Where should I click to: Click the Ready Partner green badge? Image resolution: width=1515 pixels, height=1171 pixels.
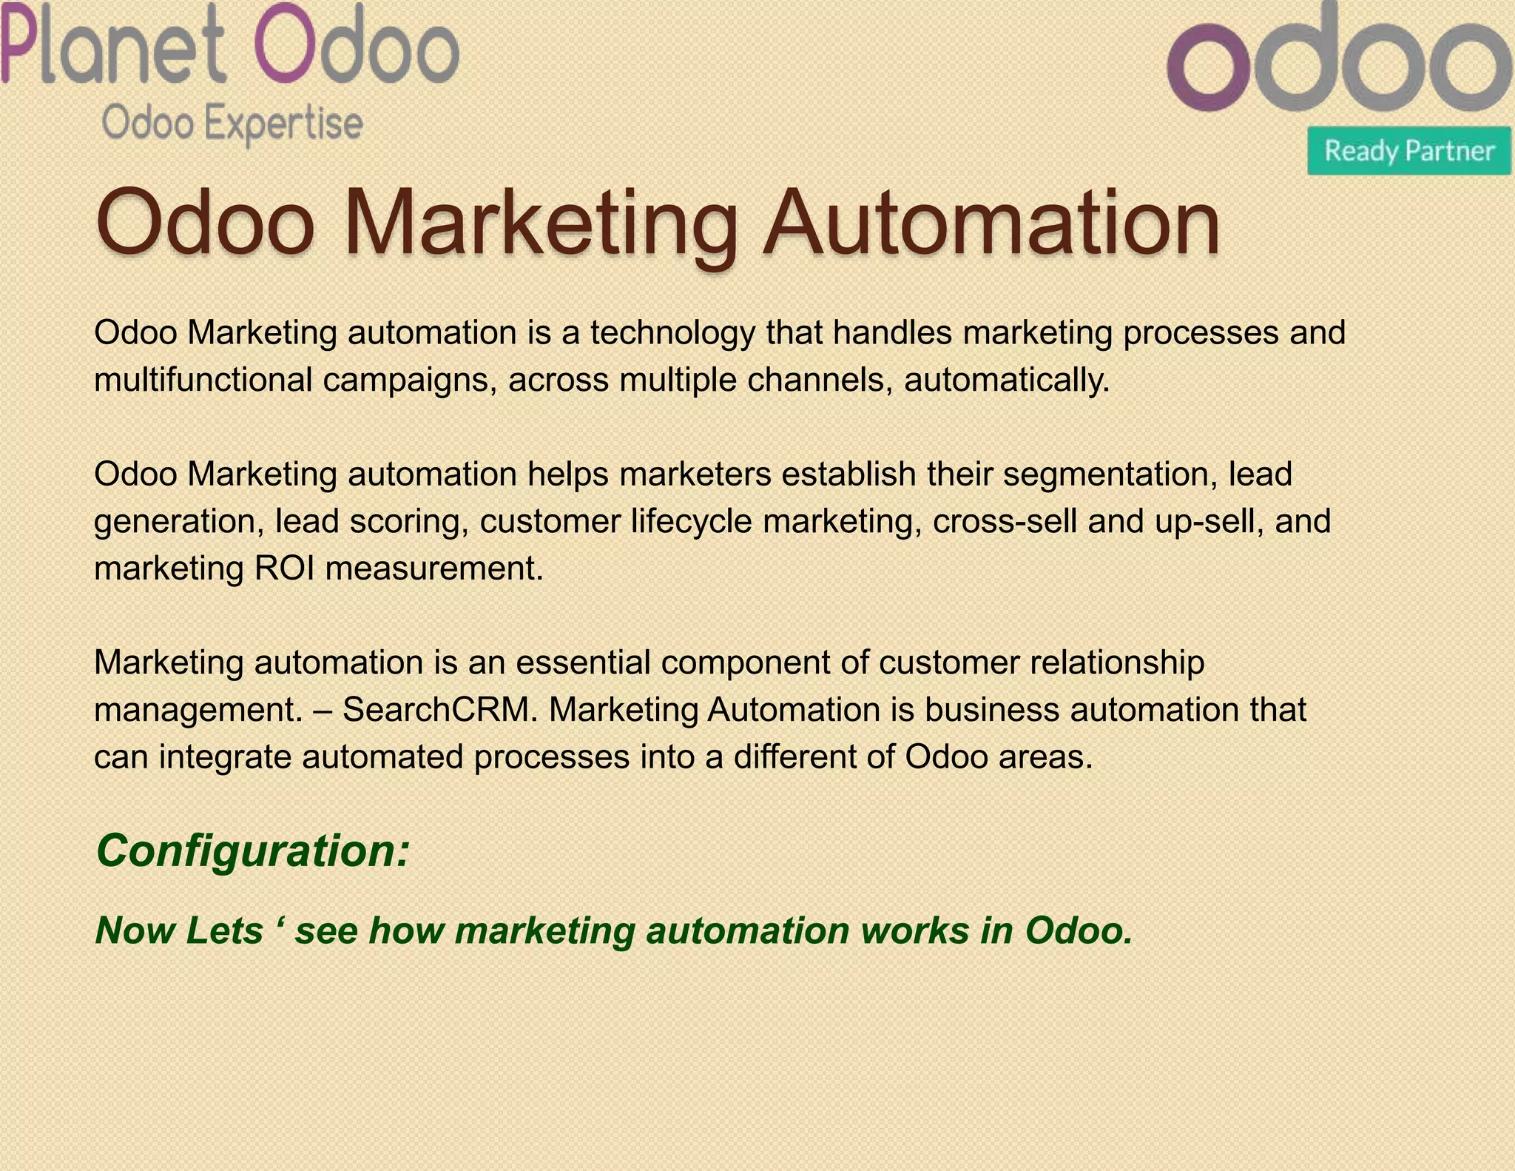[1408, 151]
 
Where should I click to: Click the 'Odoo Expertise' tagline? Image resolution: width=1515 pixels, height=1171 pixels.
[232, 123]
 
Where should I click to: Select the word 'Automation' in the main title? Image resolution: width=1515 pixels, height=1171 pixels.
[991, 222]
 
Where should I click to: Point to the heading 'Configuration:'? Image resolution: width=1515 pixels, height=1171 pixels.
[252, 850]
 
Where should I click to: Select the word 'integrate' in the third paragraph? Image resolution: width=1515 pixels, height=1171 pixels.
[226, 757]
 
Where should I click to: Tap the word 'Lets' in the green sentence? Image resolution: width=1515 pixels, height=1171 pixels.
[224, 930]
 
